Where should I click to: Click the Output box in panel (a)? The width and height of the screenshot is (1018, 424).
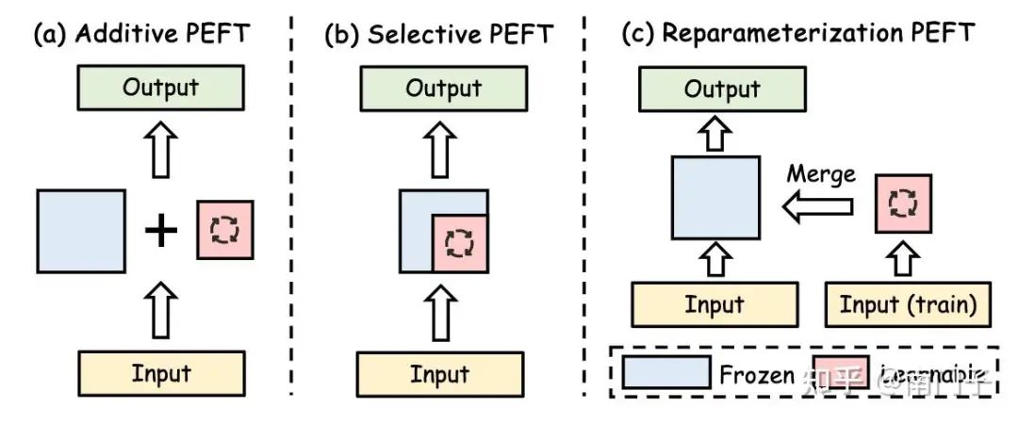(161, 89)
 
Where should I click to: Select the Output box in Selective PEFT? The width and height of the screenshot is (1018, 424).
(443, 89)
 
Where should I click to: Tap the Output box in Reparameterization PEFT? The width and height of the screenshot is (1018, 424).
(722, 90)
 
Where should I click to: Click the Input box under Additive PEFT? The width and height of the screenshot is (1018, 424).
(161, 373)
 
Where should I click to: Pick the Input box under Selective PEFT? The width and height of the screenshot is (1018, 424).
(440, 374)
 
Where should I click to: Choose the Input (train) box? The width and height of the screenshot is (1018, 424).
(908, 304)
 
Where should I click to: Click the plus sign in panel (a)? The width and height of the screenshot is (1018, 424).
(161, 231)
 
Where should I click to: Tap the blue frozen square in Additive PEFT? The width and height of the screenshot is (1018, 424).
(81, 231)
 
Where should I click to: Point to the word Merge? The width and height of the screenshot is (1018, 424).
(822, 174)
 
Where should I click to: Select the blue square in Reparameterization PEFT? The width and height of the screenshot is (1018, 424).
(714, 198)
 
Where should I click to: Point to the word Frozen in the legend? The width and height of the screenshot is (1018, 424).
(757, 374)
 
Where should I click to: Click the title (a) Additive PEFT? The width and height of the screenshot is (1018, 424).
(141, 34)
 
